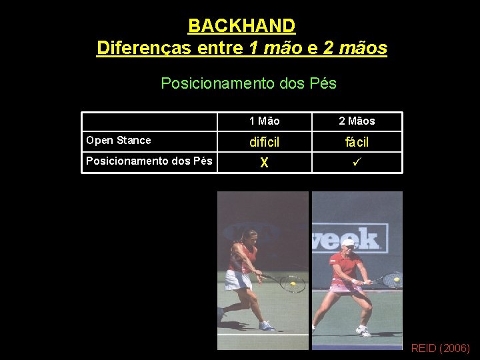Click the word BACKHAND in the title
point(241,26)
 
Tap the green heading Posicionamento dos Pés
point(249,83)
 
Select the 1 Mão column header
point(264,121)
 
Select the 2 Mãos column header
point(357,121)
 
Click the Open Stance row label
point(119,140)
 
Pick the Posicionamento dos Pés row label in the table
point(149,161)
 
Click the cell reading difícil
point(264,142)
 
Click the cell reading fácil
point(357,142)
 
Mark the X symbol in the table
point(264,163)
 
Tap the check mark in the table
point(357,162)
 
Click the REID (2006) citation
point(440,348)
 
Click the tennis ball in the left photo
point(293,284)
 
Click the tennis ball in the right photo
point(397,280)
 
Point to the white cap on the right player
point(347,243)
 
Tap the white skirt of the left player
point(237,280)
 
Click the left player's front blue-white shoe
point(266,325)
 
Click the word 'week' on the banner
point(354,238)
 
